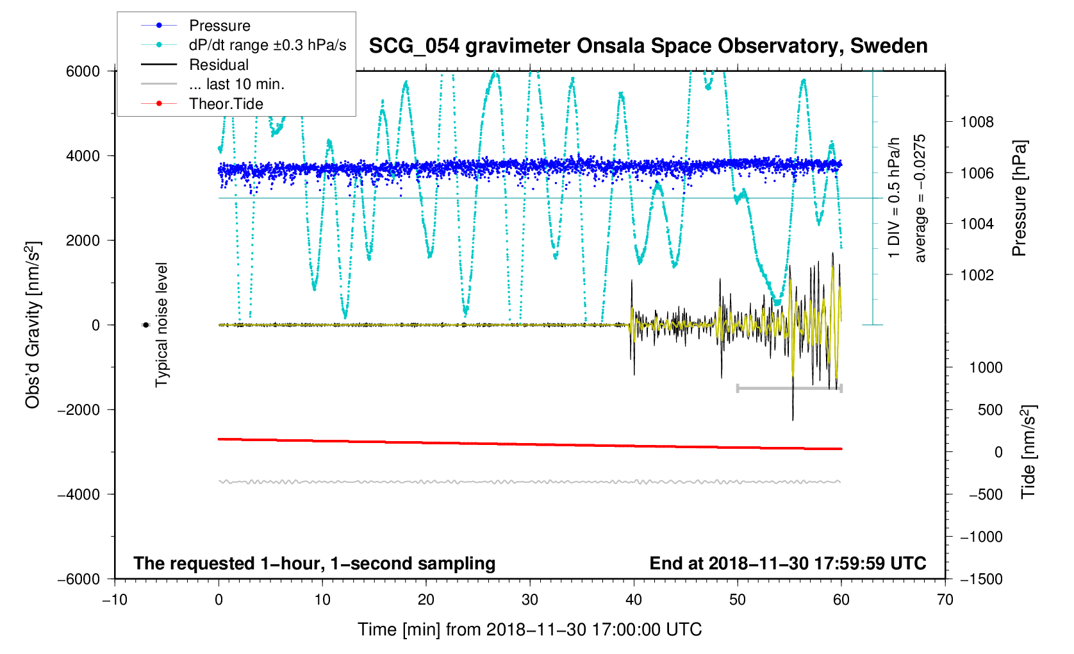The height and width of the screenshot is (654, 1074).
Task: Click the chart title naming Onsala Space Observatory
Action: click(x=648, y=46)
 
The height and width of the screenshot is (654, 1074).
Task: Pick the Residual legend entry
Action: click(x=219, y=65)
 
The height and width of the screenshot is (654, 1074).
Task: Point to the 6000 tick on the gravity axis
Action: click(x=83, y=71)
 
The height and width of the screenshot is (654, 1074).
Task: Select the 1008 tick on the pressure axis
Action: click(x=977, y=122)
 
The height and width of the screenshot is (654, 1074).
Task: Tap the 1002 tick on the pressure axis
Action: click(x=977, y=275)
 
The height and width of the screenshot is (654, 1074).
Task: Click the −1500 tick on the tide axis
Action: click(x=981, y=579)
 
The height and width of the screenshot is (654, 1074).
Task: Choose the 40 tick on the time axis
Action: click(x=633, y=600)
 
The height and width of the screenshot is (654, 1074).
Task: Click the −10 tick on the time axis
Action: click(x=115, y=600)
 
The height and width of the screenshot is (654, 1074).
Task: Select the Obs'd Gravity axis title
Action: click(x=33, y=325)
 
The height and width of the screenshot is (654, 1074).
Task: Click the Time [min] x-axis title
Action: click(x=529, y=630)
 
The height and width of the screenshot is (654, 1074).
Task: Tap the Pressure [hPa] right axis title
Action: click(x=1019, y=199)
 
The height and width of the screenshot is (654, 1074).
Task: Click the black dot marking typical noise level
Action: click(x=145, y=325)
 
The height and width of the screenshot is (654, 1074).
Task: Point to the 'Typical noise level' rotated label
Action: click(x=161, y=325)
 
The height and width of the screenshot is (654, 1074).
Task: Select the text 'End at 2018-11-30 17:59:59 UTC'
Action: click(x=788, y=564)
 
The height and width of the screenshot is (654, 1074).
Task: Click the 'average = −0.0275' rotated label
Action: click(x=920, y=199)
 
